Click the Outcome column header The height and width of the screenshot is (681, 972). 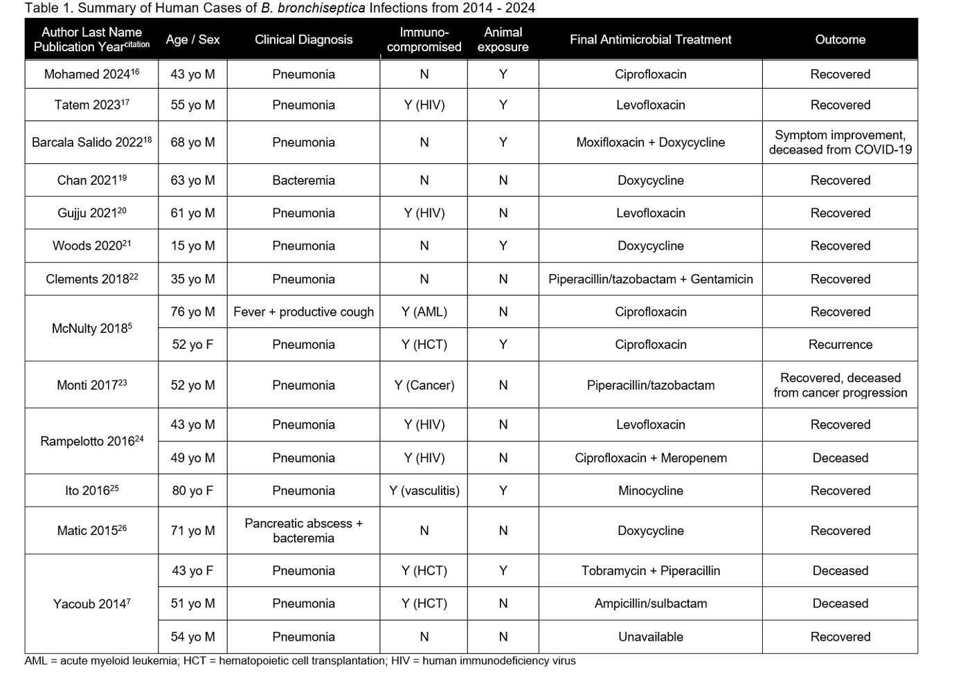click(840, 39)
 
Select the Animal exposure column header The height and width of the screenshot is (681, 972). click(503, 39)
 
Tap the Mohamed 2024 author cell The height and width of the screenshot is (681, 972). click(91, 74)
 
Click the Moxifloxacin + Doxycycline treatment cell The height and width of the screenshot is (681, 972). click(650, 143)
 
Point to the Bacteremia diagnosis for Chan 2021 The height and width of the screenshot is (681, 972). click(303, 181)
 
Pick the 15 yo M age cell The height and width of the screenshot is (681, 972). click(192, 246)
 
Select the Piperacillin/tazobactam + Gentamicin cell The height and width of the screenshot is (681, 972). click(650, 279)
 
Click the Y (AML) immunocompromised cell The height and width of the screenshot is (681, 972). click(424, 312)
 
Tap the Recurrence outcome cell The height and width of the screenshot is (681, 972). click(840, 345)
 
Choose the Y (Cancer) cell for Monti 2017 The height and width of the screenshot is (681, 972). click(424, 385)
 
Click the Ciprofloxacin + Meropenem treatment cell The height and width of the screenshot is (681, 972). click(650, 458)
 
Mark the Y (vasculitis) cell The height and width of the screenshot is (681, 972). click(424, 491)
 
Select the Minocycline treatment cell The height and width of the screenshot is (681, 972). click(650, 491)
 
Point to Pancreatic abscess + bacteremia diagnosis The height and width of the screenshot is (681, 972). click(303, 531)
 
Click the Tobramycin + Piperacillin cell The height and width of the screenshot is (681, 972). click(650, 571)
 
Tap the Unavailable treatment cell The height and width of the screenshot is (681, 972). click(650, 637)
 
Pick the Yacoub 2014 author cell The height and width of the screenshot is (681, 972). click(91, 604)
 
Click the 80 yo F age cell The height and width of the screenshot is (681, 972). click(192, 491)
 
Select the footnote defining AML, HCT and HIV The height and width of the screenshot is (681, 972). click(300, 661)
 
